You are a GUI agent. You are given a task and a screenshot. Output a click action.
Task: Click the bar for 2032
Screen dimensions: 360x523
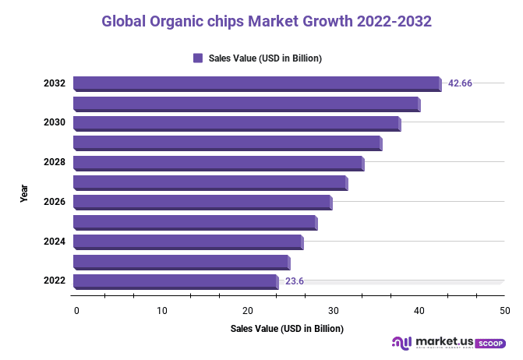click(257, 83)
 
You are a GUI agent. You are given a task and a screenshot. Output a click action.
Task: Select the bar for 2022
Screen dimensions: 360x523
click(175, 281)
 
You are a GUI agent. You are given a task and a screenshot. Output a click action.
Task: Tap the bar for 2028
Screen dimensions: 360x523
click(218, 163)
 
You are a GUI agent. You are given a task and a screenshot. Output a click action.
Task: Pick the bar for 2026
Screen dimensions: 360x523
click(203, 203)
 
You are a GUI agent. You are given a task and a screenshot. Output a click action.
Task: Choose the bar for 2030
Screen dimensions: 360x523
click(237, 123)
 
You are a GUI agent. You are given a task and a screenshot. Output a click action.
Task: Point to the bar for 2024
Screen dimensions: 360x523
click(188, 242)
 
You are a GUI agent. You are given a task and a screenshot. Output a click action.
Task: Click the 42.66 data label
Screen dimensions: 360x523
click(460, 83)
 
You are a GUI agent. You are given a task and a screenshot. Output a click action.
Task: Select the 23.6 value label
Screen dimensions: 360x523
click(295, 281)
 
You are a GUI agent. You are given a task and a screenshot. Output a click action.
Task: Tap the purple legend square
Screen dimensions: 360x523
click(198, 58)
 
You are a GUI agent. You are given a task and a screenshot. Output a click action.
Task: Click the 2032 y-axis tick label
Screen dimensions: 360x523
click(54, 83)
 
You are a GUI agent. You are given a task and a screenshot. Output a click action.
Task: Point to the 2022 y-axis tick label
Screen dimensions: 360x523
click(54, 281)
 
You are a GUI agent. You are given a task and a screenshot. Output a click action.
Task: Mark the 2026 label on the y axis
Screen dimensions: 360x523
click(54, 203)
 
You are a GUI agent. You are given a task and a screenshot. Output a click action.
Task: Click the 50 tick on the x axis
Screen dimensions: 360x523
click(505, 311)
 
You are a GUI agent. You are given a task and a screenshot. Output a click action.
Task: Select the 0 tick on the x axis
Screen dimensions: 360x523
click(76, 311)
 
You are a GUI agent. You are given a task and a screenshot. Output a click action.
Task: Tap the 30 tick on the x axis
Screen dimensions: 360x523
click(334, 311)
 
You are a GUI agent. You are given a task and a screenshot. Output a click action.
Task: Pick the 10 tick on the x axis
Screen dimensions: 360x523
click(162, 311)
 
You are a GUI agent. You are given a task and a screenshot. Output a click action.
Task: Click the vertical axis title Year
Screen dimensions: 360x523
click(24, 192)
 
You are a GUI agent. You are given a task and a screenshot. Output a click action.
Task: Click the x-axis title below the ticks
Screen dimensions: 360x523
click(287, 329)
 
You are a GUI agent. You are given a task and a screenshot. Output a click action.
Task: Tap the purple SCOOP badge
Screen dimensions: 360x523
click(489, 343)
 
